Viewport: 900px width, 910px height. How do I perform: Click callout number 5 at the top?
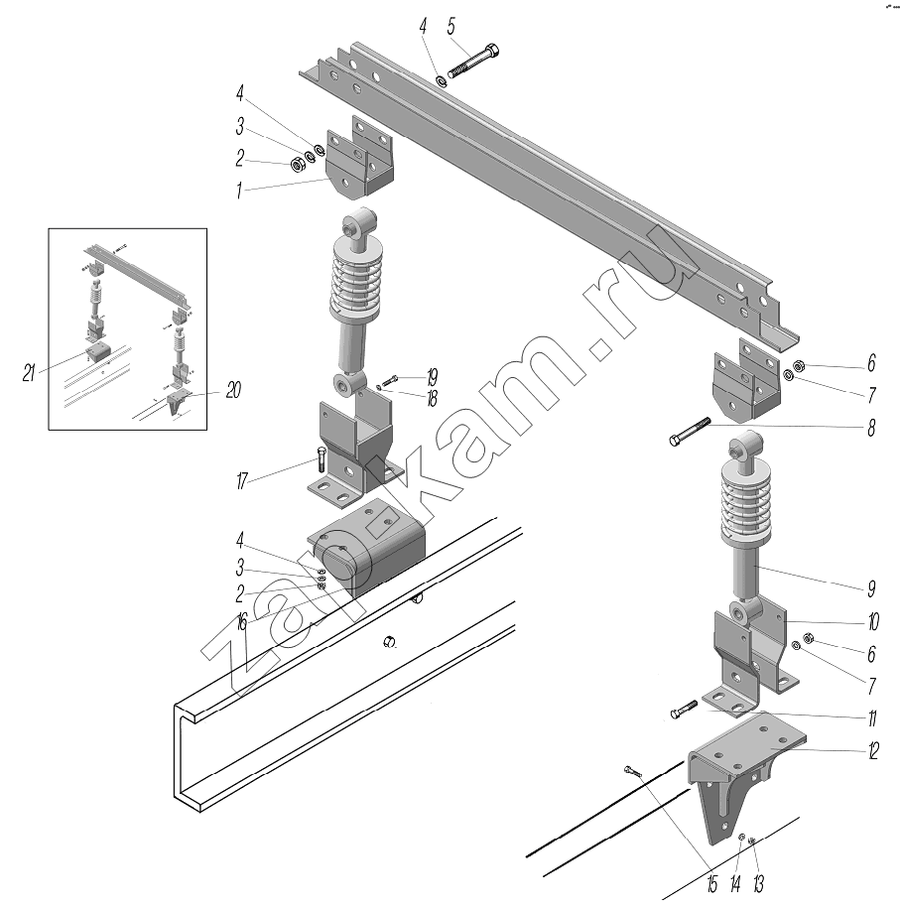point(450,26)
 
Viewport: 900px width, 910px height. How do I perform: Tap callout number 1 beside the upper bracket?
point(238,191)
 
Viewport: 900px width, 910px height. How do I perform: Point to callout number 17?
point(242,481)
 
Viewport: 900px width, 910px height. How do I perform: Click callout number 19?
point(432,377)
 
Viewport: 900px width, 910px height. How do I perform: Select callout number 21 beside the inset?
point(29,373)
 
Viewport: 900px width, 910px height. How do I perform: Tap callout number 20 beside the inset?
point(232,390)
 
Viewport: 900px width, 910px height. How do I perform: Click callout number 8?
point(871,429)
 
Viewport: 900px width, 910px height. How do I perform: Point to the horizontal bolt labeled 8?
point(690,431)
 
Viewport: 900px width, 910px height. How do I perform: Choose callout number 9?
point(871,588)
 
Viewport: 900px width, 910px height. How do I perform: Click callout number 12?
point(873,750)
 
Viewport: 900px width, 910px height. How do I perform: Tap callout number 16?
point(241,623)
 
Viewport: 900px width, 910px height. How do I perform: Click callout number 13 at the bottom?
point(758,884)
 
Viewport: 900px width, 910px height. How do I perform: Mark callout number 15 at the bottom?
point(712,884)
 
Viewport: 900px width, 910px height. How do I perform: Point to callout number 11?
point(871,718)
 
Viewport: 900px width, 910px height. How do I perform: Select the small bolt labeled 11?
point(684,709)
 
